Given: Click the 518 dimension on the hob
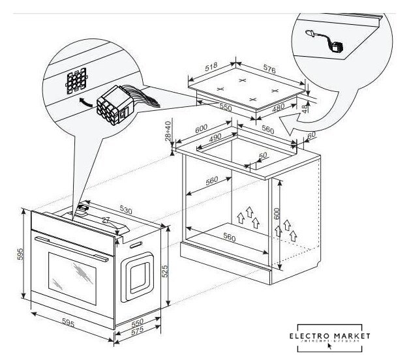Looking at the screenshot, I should click(x=210, y=67).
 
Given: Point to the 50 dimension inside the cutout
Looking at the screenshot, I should click(x=263, y=157).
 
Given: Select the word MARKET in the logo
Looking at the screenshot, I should click(x=353, y=337).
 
